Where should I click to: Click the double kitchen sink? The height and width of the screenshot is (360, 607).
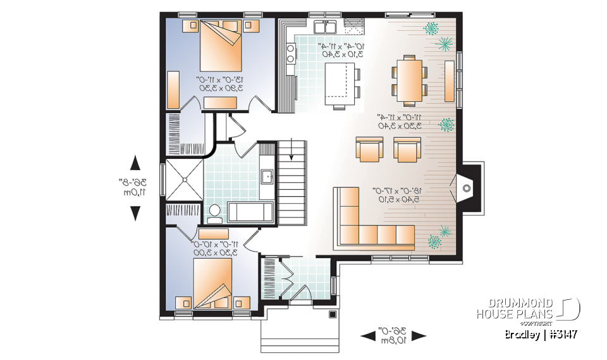[326, 27]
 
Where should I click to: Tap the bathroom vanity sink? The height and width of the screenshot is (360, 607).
[266, 177]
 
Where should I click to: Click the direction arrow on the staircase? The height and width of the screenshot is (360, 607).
[290, 152]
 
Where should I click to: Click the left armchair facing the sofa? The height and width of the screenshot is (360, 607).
[370, 149]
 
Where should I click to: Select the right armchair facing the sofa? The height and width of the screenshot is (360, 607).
[406, 149]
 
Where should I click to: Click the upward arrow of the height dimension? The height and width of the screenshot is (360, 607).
[135, 163]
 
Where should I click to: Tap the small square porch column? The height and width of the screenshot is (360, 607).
[332, 314]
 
